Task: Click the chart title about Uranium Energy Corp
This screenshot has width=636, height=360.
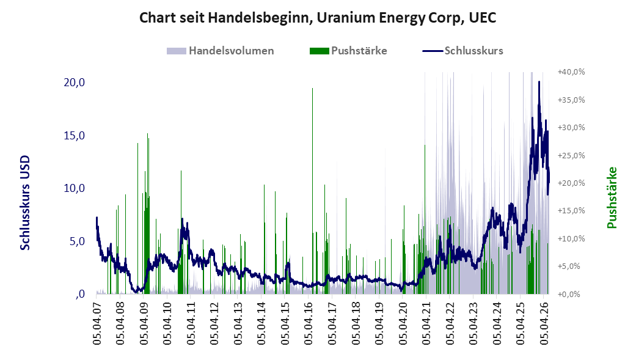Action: [x=318, y=18]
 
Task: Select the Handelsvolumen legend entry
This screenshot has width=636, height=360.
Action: [x=220, y=51]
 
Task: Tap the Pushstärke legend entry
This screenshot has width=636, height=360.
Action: [x=348, y=51]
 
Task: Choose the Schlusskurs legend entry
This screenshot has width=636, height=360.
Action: [x=463, y=51]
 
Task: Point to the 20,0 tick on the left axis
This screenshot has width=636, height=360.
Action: [x=74, y=83]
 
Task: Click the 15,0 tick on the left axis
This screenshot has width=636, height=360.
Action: [x=74, y=136]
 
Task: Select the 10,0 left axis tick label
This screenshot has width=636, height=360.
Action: [x=74, y=188]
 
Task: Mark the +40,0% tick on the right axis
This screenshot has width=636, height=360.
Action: [x=571, y=72]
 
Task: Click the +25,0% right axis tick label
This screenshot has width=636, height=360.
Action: [x=571, y=155]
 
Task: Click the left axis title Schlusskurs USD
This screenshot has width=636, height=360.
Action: [x=25, y=202]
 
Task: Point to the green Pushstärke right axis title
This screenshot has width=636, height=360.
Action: [x=612, y=197]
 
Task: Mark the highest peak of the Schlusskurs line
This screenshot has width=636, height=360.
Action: [x=539, y=82]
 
